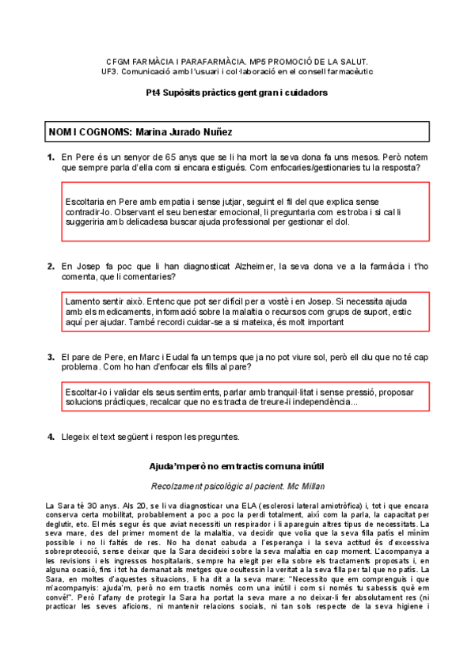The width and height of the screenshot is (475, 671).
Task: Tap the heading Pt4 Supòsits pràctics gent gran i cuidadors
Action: pos(237,93)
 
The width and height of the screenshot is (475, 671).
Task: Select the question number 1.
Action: pos(51,157)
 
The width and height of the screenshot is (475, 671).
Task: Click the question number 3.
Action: pos(51,357)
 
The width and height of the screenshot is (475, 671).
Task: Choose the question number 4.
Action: pos(51,437)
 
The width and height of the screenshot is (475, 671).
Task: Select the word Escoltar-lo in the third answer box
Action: pos(88,392)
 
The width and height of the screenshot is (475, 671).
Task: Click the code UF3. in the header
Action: pos(116,70)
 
